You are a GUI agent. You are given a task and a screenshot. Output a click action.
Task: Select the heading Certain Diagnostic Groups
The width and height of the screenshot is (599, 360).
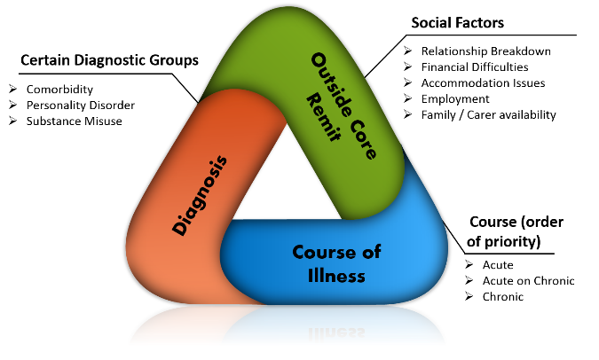click(x=108, y=60)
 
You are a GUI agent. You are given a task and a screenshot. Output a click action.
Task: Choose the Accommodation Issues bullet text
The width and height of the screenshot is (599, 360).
click(x=483, y=82)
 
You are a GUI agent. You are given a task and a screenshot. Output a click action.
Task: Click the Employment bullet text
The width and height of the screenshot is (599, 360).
click(x=455, y=98)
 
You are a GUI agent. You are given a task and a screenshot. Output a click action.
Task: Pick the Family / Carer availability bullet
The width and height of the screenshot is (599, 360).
click(x=489, y=114)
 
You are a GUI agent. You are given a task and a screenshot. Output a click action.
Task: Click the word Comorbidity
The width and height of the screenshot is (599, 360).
click(x=59, y=90)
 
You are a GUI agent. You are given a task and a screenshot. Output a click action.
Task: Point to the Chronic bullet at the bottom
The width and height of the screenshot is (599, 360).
click(x=502, y=296)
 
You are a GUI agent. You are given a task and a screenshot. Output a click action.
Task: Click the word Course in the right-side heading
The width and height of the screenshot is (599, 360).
click(x=491, y=222)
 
